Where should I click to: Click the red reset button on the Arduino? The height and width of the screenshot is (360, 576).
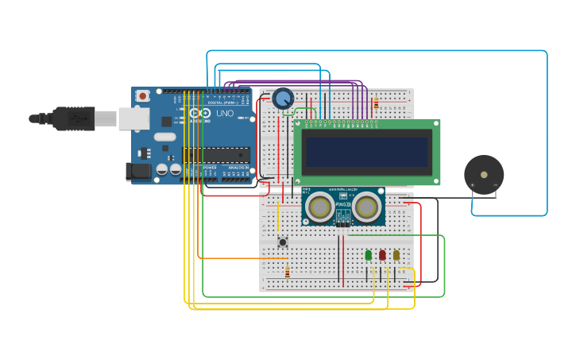142,96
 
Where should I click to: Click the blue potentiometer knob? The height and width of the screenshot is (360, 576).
283,99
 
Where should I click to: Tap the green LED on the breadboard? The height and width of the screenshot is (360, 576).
368,255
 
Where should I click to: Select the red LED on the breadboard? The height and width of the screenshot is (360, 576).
382,255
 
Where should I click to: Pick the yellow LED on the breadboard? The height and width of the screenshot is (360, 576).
396,255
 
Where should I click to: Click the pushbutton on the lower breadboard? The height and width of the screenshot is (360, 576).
282,242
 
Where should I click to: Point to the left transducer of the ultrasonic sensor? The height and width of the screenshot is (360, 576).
320,207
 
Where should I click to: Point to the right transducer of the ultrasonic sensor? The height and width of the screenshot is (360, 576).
366,207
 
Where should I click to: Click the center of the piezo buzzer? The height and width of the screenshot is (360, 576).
484,174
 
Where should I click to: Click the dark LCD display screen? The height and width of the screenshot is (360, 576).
366,152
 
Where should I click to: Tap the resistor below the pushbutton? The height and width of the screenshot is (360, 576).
287,272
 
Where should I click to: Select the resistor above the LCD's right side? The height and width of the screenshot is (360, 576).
376,103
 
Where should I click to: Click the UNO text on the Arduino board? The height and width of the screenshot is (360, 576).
225,114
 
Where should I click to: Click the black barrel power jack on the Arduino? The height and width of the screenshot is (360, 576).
140,171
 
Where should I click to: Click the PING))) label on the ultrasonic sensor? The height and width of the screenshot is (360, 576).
343,204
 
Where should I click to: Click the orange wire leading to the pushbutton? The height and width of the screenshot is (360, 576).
238,257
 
